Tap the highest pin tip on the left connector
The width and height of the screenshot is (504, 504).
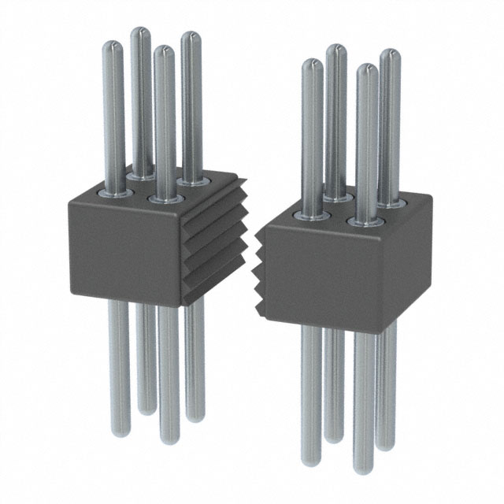(x=139, y=32)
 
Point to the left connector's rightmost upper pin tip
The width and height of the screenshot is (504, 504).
(x=190, y=36)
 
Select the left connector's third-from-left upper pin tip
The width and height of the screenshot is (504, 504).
(x=163, y=50)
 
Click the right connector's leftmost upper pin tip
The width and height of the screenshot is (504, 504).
(x=312, y=64)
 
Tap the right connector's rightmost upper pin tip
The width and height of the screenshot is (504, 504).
(x=390, y=54)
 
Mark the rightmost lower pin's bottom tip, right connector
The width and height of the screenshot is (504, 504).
(x=386, y=444)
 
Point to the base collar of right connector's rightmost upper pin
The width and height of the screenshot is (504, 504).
(x=391, y=204)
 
